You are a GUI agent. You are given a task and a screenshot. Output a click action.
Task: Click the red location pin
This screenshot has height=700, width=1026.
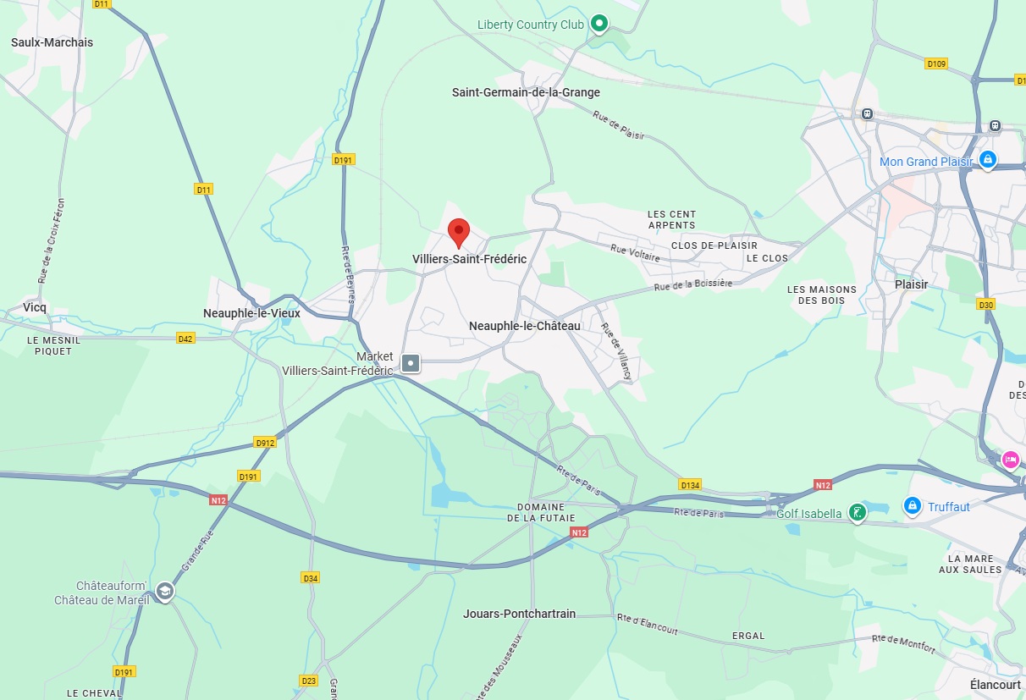coord(458,231)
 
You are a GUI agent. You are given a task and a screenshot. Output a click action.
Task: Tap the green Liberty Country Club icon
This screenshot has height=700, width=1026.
coord(599,24)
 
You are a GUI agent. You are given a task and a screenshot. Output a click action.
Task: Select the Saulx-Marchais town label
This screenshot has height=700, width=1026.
coord(52,42)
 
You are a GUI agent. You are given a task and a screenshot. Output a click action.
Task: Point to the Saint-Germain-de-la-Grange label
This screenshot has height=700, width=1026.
coord(526,92)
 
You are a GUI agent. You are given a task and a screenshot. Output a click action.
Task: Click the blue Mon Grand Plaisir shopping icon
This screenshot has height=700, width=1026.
coord(987,159)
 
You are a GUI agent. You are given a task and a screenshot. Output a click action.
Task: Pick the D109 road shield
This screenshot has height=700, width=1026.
coord(936,63)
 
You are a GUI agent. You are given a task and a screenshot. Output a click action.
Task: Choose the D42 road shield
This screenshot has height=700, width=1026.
coord(186,339)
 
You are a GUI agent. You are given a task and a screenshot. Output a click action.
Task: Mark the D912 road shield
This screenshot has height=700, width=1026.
coord(265,443)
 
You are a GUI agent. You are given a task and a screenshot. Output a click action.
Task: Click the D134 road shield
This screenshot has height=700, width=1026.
coord(690,485)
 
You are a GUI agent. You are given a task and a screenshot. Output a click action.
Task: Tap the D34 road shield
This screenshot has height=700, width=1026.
coord(311,578)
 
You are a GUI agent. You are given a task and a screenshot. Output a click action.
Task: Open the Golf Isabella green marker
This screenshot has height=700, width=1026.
coord(858,512)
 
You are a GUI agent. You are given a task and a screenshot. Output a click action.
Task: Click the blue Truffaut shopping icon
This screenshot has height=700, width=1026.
coord(912,506)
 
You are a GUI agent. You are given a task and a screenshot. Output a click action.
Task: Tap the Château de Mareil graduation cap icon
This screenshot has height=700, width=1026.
coord(165,592)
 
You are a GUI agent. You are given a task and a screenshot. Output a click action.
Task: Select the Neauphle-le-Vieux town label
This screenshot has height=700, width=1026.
coord(251,313)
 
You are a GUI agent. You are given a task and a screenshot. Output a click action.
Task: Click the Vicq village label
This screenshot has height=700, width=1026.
coord(35,307)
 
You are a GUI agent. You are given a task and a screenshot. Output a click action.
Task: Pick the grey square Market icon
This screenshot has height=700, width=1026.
coord(411,363)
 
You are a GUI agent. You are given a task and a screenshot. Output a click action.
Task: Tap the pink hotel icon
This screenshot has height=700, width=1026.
coord(1010,460)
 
